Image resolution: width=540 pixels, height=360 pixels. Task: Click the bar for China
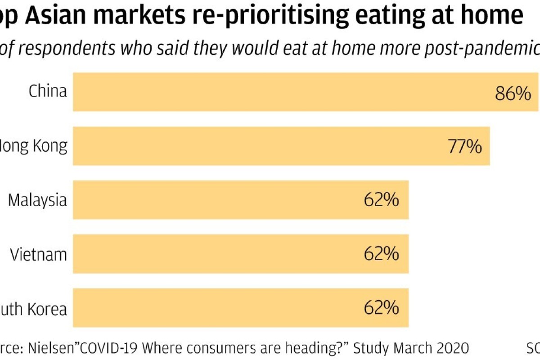[x=279, y=92]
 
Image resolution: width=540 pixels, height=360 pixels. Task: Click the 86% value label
[x=513, y=94]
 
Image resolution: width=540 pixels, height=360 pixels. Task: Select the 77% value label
[x=464, y=147]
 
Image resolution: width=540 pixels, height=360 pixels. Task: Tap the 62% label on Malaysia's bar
[x=381, y=200]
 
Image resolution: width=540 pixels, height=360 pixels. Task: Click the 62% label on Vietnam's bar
[x=381, y=254]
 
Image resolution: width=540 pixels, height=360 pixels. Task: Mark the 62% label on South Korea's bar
[x=381, y=308]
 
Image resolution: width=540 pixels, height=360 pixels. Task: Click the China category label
[x=48, y=91]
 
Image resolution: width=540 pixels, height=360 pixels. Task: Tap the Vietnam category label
[x=39, y=255]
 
